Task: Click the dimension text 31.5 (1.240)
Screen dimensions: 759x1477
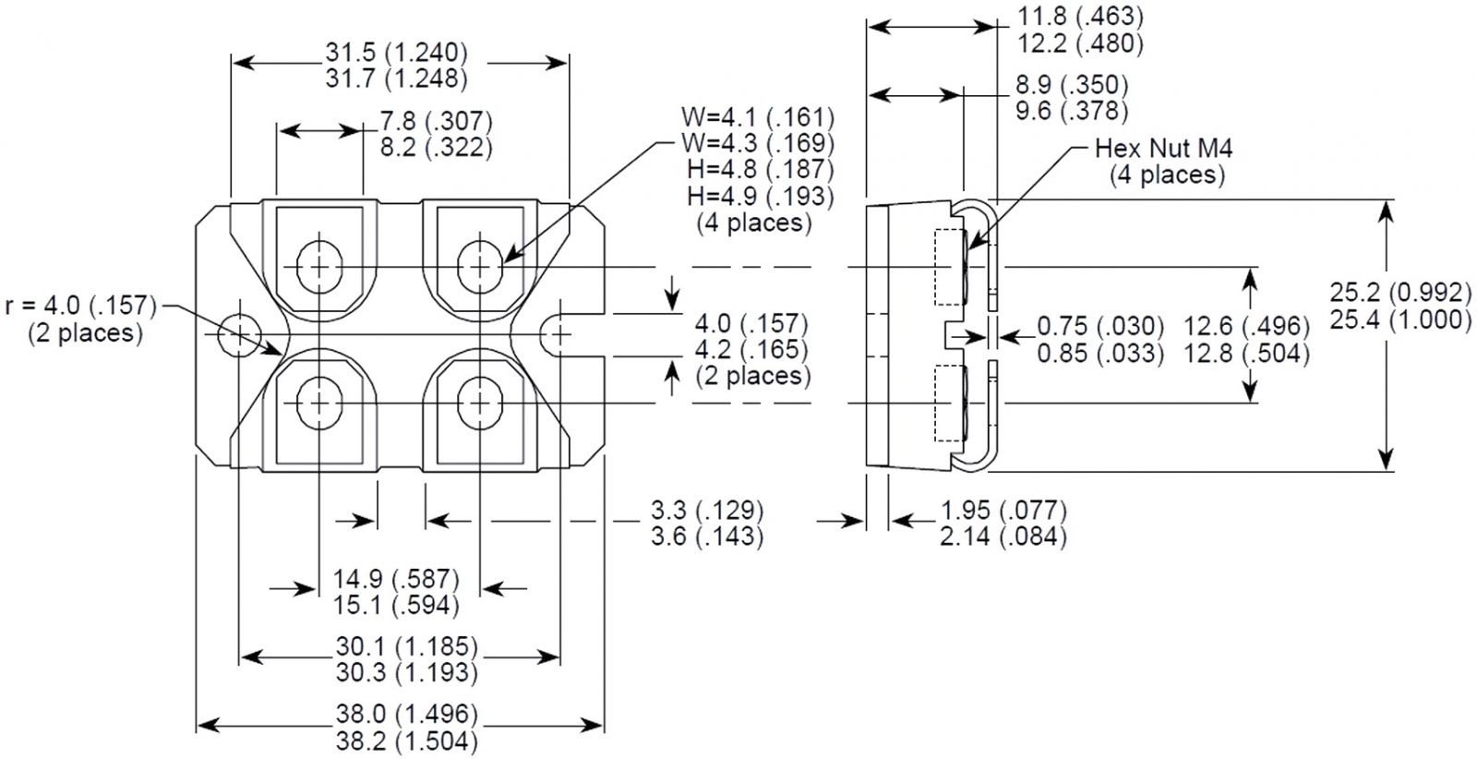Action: coord(396,52)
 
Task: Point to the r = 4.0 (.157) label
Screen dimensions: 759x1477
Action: coord(81,306)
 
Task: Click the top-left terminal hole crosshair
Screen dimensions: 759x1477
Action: coord(319,267)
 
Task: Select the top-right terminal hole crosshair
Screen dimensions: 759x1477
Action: coord(479,267)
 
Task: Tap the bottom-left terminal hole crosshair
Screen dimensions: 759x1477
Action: coord(319,403)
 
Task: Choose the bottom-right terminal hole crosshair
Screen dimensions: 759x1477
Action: coord(479,403)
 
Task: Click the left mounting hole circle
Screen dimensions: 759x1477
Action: coord(239,334)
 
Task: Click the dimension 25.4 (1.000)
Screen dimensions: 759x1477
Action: coord(1400,319)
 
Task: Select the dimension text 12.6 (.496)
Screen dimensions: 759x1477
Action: coord(1247,325)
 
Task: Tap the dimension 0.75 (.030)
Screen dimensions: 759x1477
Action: coord(1100,325)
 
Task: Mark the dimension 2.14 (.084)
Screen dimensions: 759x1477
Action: coord(1003,536)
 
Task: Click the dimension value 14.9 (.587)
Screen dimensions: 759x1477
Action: coord(396,579)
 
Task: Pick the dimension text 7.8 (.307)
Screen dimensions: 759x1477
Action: coord(436,121)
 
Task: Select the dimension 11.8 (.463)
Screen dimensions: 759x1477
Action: coord(1066,16)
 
